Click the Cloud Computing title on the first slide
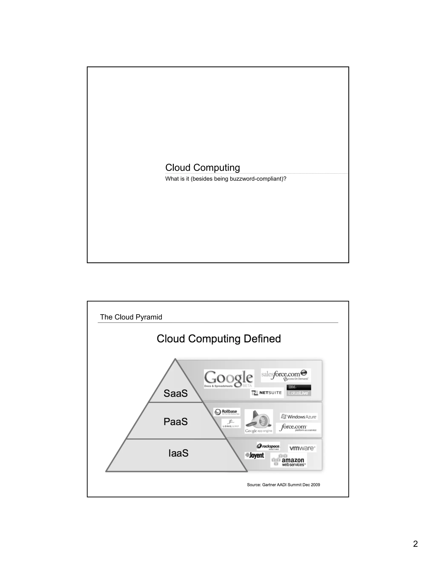coord(202,167)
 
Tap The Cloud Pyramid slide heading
coord(131,317)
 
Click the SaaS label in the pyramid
coord(176,393)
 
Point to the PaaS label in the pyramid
coord(176,422)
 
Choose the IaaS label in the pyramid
coord(178,453)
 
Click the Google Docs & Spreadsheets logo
coord(229,379)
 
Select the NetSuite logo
coord(267,393)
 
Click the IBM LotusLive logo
coord(299,391)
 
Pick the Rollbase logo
coord(227,412)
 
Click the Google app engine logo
coord(258,421)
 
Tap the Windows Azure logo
coord(299,417)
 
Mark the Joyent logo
coord(255,455)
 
